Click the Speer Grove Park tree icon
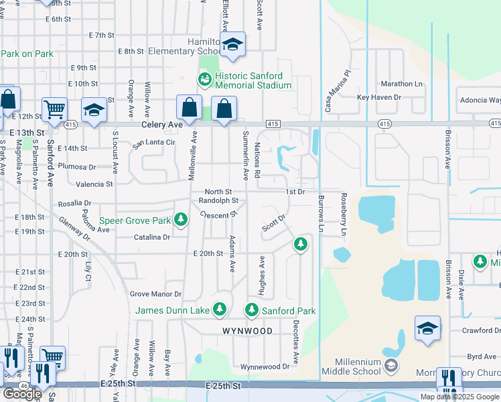[180, 219]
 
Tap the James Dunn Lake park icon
[219, 309]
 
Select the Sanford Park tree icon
[252, 310]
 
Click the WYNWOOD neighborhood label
[248, 331]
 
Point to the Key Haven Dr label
[378, 97]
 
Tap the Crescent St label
[219, 215]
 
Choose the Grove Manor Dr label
[156, 294]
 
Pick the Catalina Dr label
[151, 237]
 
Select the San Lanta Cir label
[153, 143]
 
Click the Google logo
[22, 393]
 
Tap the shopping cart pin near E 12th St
[54, 109]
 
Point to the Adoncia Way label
[480, 100]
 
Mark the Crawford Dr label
[482, 330]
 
